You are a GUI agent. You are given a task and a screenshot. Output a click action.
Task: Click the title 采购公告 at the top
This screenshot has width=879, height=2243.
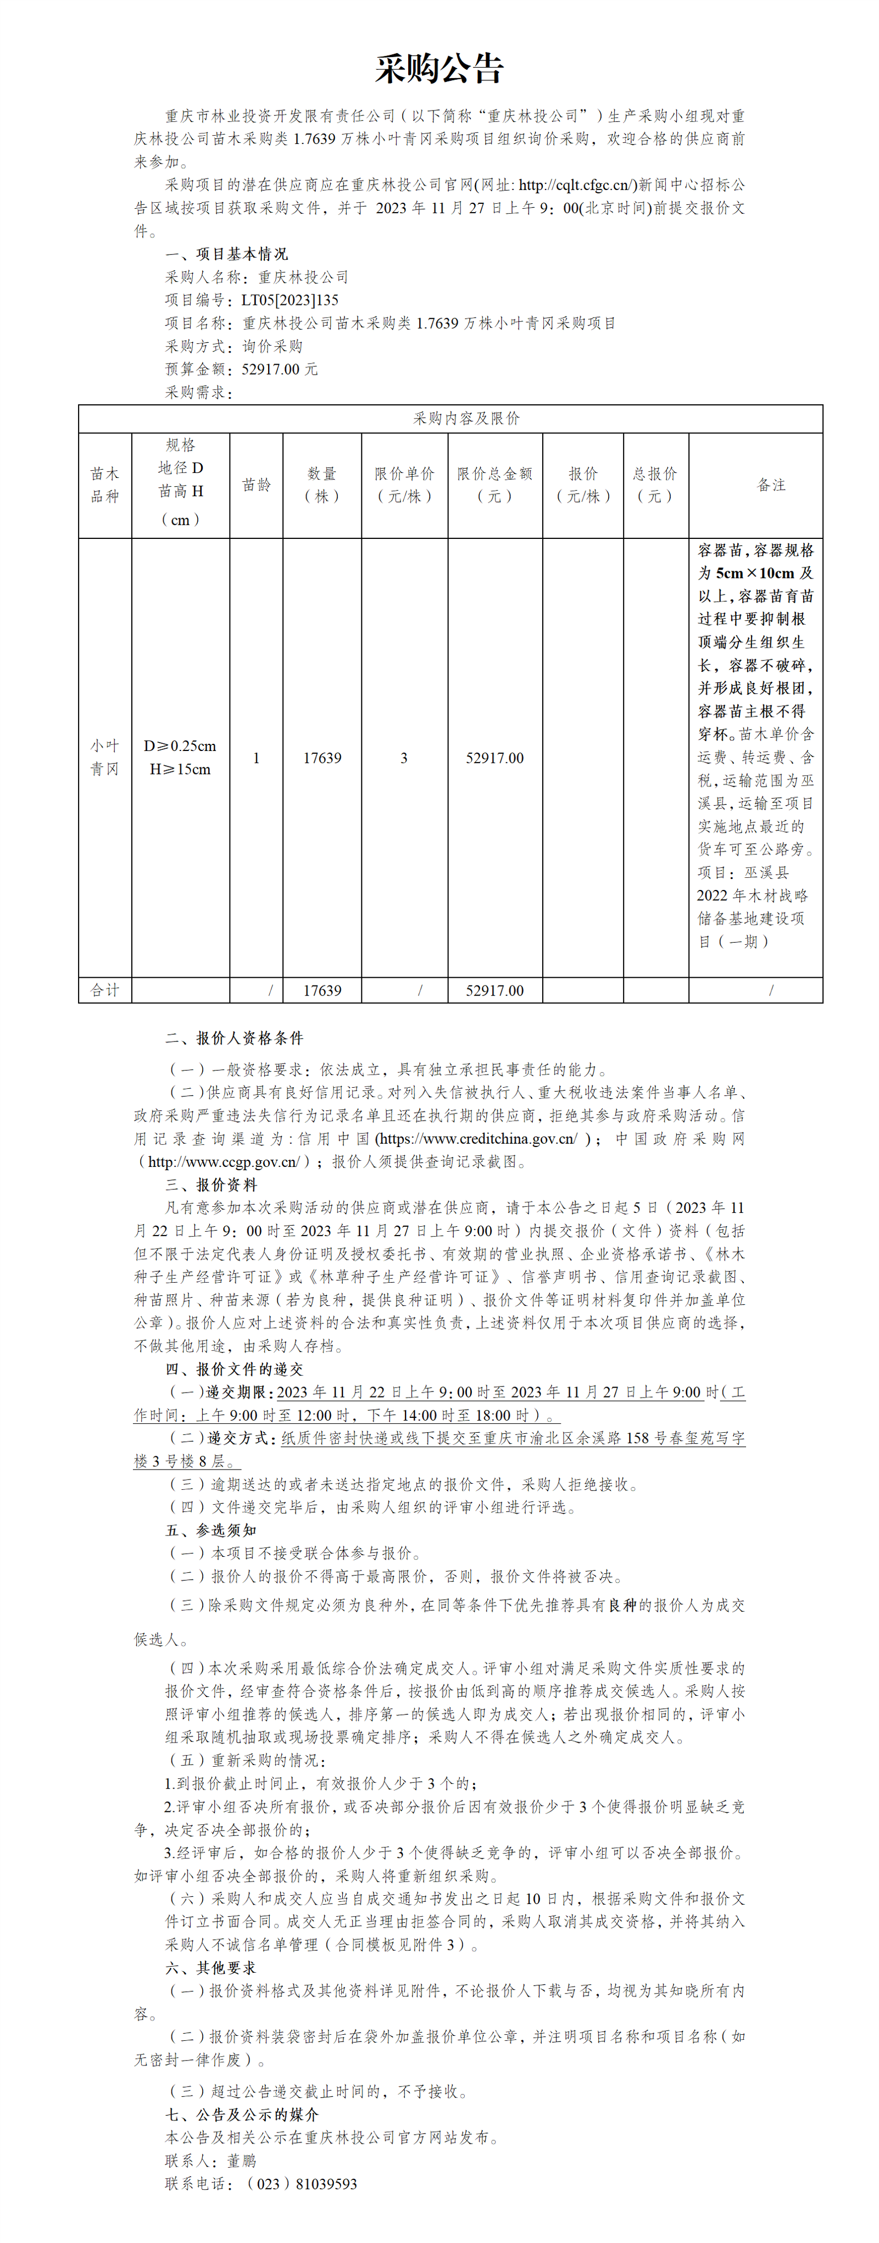click(x=439, y=69)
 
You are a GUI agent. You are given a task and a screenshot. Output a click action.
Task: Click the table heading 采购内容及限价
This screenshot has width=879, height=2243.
click(x=466, y=419)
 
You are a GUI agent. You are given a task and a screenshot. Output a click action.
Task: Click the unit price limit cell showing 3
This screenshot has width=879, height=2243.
click(x=403, y=758)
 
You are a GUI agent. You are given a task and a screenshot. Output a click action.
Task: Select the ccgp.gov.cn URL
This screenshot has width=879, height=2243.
click(x=223, y=1161)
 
